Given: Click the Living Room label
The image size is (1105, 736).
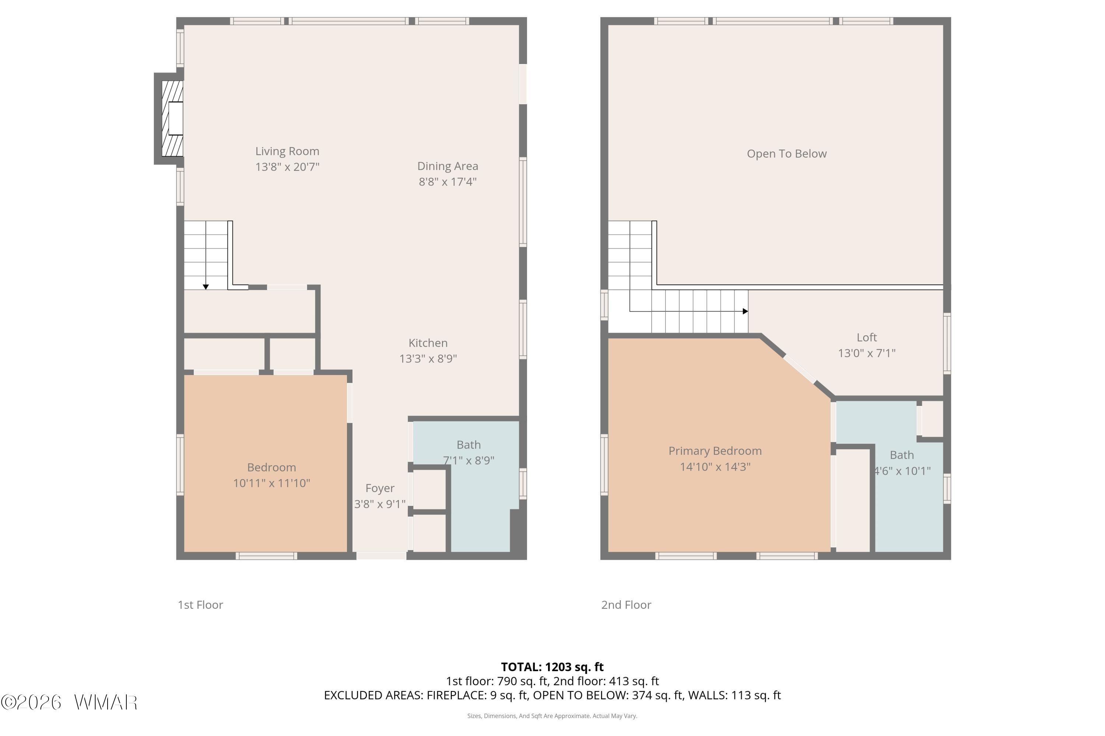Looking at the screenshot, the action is [287, 151].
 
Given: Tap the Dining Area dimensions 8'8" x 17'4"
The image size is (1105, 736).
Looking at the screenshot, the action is [448, 182].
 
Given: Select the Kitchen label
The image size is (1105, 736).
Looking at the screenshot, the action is [428, 343].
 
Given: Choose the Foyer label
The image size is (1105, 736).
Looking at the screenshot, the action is [380, 489].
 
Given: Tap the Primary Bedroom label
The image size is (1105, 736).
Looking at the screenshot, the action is [715, 451].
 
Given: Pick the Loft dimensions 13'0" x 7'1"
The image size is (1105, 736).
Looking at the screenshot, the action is [867, 353].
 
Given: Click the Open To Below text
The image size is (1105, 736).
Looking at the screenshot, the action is [786, 154].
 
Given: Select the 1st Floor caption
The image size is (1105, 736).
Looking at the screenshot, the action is [200, 605].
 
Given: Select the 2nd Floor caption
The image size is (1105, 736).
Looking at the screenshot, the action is [626, 605].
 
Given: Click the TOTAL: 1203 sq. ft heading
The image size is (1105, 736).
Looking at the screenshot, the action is [552, 667].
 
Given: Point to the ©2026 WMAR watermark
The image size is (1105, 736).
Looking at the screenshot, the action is [69, 703].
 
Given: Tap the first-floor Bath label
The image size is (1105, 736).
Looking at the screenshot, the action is [469, 445].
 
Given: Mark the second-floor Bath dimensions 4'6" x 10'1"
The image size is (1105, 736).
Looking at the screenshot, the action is [902, 471].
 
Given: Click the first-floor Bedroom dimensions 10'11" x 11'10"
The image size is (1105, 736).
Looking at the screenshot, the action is [271, 483].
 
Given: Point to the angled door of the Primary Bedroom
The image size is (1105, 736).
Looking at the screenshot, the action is [800, 370].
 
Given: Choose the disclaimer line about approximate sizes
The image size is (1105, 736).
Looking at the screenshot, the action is [552, 716].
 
